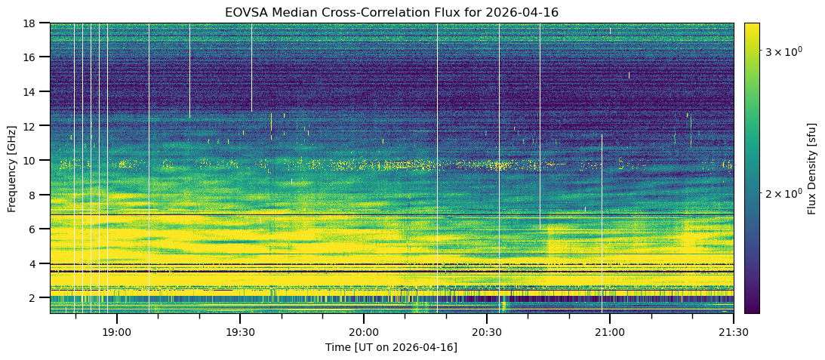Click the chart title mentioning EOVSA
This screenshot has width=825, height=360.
pos(391,13)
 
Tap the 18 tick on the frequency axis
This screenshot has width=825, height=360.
pos(32,23)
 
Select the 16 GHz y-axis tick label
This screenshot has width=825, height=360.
pos(32,57)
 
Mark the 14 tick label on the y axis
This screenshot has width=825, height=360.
pos(32,92)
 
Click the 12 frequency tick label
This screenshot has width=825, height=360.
pos(32,126)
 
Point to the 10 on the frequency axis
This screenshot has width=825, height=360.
pos(32,161)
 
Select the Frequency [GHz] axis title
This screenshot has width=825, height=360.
pos(12,168)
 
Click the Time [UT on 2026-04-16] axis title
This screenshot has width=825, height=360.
pos(391,347)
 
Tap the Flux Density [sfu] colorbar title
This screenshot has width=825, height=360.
pos(812,168)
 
